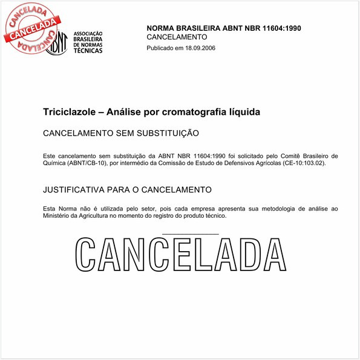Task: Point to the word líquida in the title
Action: click(x=243, y=113)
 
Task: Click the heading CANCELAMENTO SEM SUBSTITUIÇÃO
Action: click(x=121, y=133)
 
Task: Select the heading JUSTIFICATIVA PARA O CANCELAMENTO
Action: click(x=127, y=190)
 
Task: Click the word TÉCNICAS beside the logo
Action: click(x=88, y=50)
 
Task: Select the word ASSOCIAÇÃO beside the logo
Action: click(x=88, y=34)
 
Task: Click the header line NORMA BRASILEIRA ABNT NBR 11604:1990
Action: click(x=224, y=28)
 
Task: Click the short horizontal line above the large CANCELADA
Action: click(x=191, y=234)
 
